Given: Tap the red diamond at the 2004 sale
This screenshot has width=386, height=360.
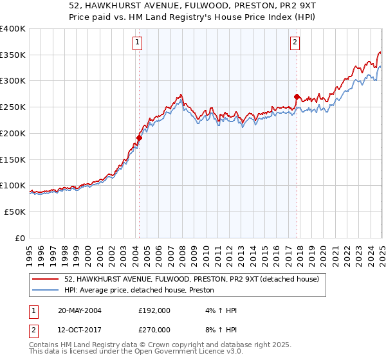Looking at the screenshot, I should tap(139, 137).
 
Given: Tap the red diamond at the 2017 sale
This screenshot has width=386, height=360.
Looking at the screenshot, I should tap(297, 96).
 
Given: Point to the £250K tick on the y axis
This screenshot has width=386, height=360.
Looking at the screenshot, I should tap(14, 107).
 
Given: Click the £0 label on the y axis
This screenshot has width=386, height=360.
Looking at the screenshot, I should tap(20, 238).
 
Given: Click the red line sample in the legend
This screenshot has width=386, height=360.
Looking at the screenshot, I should tap(46, 279).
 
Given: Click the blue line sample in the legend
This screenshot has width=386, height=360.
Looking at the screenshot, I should tap(46, 291).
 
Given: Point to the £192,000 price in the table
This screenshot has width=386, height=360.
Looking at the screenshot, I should tap(154, 310).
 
